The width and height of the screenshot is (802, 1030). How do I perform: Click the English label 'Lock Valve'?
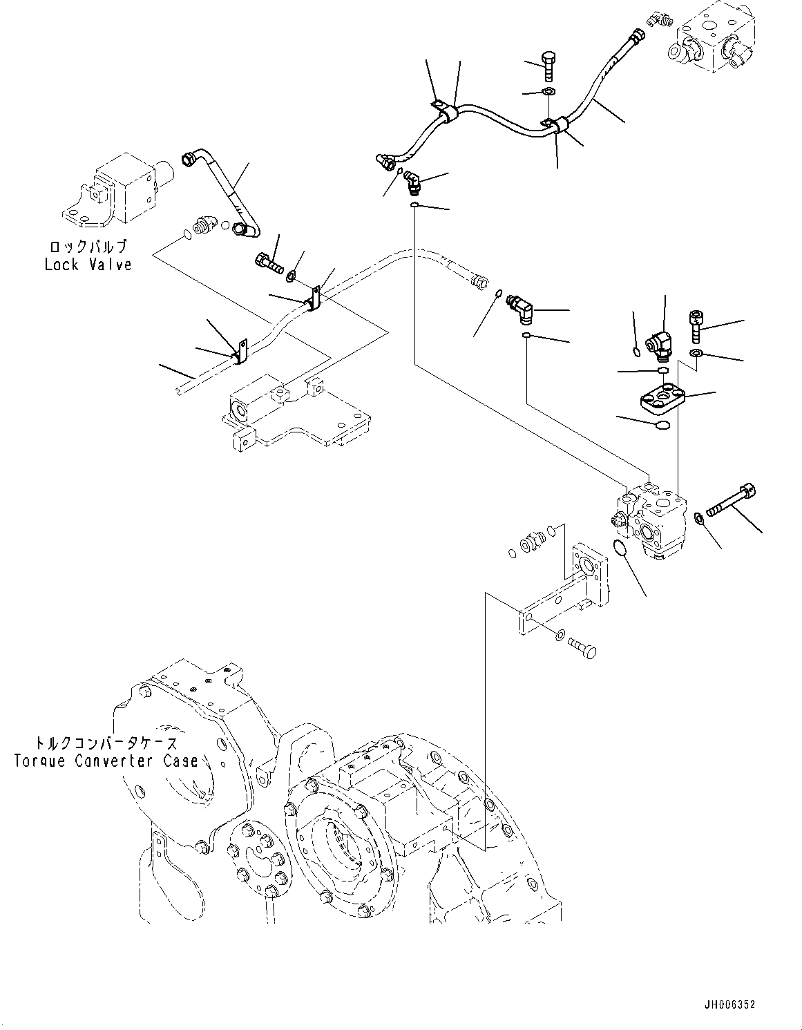tap(88, 265)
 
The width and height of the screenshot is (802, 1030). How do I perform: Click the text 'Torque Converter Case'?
tap(106, 761)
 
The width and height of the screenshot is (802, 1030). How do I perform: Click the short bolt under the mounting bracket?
tap(582, 648)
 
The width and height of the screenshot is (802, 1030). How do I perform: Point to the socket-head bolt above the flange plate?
tap(696, 326)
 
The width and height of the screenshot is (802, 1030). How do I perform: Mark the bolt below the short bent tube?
tap(269, 263)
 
